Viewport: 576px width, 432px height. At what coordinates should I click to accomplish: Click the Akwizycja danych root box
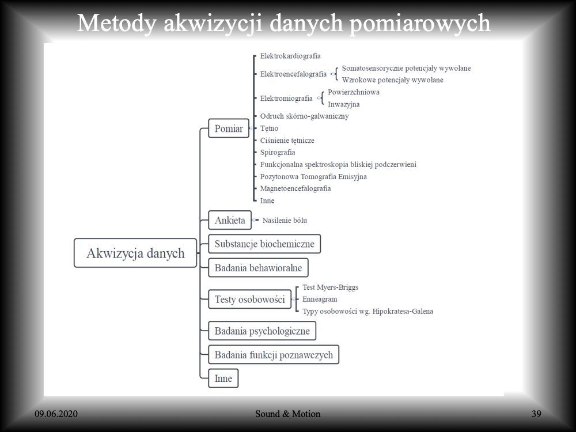click(x=135, y=253)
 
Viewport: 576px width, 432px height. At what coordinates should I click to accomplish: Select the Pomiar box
click(x=229, y=128)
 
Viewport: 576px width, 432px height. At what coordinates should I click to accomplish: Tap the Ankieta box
click(x=230, y=220)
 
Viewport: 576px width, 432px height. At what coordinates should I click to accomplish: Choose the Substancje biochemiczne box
click(x=264, y=244)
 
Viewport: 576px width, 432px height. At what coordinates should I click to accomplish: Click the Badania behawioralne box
click(x=258, y=268)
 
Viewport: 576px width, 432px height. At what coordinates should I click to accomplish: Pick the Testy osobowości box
click(x=249, y=300)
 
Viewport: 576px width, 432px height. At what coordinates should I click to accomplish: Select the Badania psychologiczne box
click(x=262, y=331)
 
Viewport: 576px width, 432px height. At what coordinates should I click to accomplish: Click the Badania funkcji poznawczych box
click(x=274, y=355)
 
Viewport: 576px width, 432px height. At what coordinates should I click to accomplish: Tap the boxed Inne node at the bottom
click(x=223, y=378)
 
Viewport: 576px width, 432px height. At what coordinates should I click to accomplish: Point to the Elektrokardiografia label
click(x=290, y=56)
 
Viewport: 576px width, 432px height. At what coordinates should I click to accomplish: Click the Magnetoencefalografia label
click(x=295, y=188)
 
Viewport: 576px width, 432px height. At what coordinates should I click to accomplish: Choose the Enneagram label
click(x=320, y=300)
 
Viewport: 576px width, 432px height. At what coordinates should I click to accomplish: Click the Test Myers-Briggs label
click(x=330, y=287)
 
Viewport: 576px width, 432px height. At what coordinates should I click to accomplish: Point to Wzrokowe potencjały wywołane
click(x=393, y=80)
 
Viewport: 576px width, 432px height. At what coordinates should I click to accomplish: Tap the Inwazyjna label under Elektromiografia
click(x=344, y=104)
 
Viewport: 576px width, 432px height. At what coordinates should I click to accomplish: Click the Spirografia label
click(x=278, y=153)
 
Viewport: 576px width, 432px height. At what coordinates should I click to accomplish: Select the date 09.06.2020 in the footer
click(x=56, y=414)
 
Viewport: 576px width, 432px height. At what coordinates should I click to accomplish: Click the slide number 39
click(x=536, y=414)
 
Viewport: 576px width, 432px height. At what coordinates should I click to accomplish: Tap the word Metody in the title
click(x=117, y=24)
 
